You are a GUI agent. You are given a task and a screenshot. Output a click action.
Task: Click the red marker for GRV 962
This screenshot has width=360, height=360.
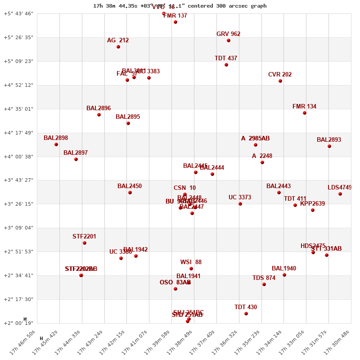pyautogui.click(x=229, y=40)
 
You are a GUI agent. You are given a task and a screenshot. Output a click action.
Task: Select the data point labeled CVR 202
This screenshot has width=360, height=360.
pyautogui.click(x=280, y=81)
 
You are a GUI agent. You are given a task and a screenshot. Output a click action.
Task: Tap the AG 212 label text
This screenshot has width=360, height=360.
pyautogui.click(x=118, y=40)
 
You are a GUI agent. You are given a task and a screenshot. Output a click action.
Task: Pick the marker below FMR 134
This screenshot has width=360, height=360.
pyautogui.click(x=305, y=113)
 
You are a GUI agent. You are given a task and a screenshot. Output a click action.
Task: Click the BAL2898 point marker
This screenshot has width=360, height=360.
pyautogui.click(x=56, y=144)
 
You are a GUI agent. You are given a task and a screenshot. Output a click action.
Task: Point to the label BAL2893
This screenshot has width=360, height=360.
pyautogui.click(x=329, y=140)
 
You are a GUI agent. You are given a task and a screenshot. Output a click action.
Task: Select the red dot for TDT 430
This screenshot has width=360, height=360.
pyautogui.click(x=246, y=314)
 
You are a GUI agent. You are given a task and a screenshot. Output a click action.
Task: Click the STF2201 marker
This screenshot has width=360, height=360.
pyautogui.click(x=85, y=243)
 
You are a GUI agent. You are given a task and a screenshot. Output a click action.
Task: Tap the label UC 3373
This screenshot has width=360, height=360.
pyautogui.click(x=240, y=198)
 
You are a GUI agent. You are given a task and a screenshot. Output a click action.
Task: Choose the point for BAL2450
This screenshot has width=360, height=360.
pyautogui.click(x=130, y=193)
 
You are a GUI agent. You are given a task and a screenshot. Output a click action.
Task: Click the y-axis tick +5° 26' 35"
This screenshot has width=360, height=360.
pyautogui.click(x=18, y=37)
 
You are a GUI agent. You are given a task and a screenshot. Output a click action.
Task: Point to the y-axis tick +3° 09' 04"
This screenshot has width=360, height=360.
pyautogui.click(x=18, y=228)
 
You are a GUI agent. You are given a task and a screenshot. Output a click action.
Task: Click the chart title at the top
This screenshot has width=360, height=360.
pyautogui.click(x=180, y=6)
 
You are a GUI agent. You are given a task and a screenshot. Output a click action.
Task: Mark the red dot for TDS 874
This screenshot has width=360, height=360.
pyautogui.click(x=264, y=284)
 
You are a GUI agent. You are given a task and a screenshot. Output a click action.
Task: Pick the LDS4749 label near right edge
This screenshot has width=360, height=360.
pyautogui.click(x=339, y=188)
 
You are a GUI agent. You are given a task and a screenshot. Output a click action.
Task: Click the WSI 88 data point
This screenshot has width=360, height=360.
pyautogui.click(x=191, y=269)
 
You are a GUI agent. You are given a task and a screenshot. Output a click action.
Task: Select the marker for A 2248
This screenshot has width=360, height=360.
pyautogui.click(x=262, y=162)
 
